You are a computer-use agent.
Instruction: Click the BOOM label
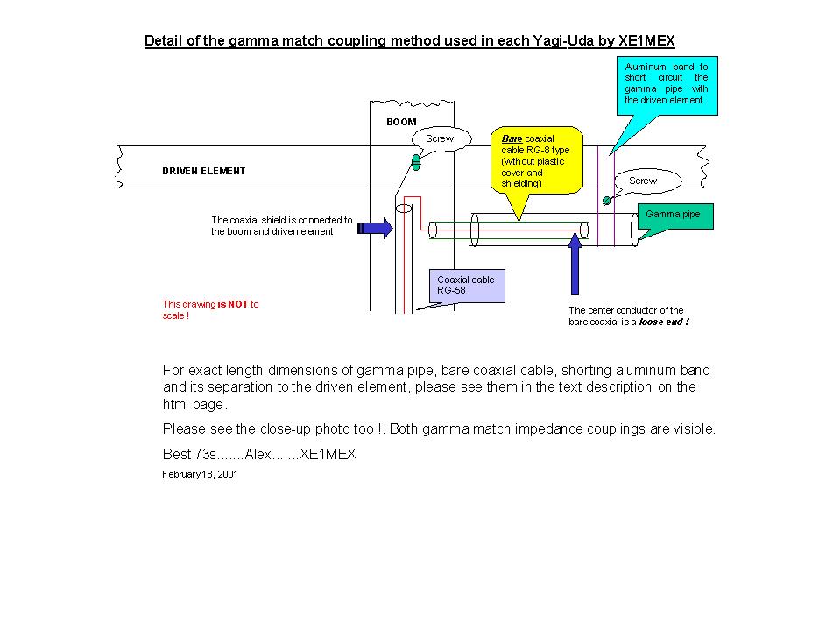point(401,122)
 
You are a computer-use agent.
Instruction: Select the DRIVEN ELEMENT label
point(203,171)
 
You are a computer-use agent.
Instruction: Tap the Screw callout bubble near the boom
point(440,139)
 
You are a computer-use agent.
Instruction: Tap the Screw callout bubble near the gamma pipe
point(643,181)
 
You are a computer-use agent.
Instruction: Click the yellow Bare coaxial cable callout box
point(537,160)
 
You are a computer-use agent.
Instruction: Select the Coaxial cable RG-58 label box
point(467,285)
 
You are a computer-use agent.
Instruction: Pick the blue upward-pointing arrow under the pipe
point(575,262)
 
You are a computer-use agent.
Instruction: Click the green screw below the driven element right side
point(606,201)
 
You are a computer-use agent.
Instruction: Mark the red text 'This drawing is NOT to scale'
point(210,309)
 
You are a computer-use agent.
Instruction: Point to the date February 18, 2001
point(200,474)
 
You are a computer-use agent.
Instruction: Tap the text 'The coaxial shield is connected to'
point(281,220)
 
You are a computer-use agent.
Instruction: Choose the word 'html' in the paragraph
point(176,405)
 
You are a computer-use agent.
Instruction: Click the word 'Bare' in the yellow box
point(512,138)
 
